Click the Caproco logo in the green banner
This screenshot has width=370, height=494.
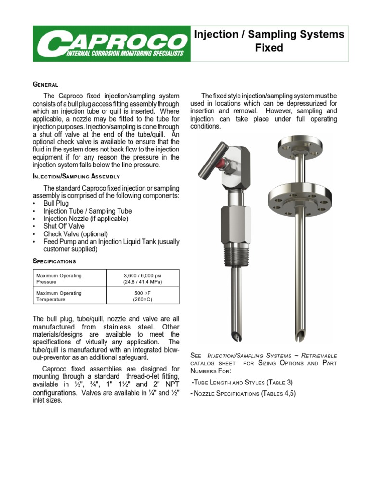[x=111, y=43]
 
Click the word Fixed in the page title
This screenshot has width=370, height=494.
[x=269, y=48]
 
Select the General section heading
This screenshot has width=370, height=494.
[x=45, y=84]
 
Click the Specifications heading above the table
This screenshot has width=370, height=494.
[x=54, y=261]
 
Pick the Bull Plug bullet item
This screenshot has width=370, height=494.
[x=56, y=204]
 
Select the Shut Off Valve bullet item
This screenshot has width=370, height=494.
[x=64, y=226]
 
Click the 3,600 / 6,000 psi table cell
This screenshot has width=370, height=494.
[x=142, y=279]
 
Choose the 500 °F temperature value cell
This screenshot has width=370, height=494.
[x=142, y=296]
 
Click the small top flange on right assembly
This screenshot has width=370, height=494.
[x=299, y=143]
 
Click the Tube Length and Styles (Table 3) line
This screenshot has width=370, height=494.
[x=242, y=382]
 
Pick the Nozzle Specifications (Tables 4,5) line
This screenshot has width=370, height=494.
[x=244, y=393]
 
